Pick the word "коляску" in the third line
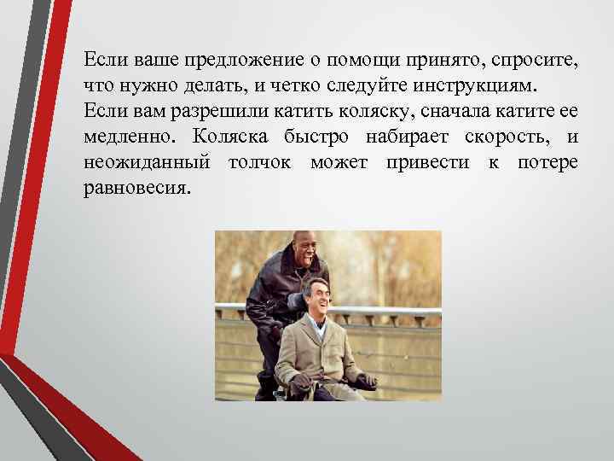pos(326,111)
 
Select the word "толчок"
pos(258,162)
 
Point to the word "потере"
pos(547,162)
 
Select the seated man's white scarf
pos(322,322)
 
